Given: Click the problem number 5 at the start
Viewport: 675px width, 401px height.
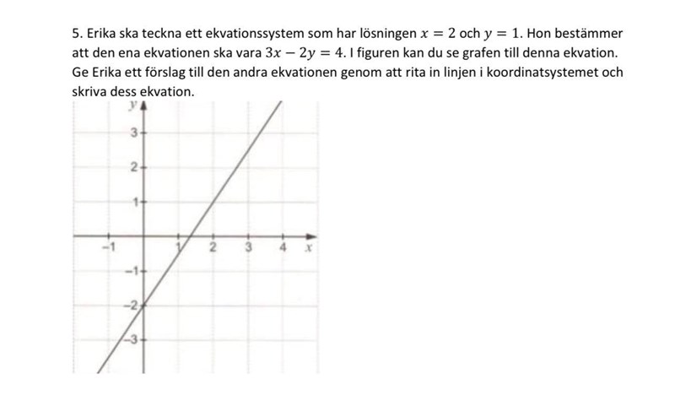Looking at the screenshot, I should (77, 34).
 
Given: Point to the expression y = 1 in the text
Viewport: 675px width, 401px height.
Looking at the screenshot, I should (507, 34).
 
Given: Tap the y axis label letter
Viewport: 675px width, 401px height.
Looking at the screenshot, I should (132, 106).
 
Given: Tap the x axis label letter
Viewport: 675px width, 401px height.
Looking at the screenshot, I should (309, 249).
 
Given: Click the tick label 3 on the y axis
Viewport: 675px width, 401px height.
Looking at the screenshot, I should (133, 133).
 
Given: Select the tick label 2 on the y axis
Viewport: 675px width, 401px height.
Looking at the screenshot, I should (133, 168).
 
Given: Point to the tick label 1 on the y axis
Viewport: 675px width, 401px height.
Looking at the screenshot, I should (133, 203).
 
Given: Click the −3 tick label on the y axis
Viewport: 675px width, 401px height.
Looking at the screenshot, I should (132, 339).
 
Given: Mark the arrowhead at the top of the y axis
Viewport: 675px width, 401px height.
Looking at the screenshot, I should (143, 106).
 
